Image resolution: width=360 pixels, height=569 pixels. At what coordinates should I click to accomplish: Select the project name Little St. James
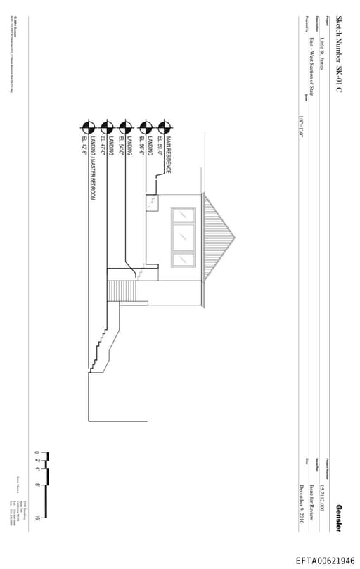tap(321, 53)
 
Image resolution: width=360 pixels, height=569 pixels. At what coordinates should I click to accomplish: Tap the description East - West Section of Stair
tap(311, 67)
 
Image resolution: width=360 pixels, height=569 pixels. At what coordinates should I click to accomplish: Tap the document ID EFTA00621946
tap(325, 561)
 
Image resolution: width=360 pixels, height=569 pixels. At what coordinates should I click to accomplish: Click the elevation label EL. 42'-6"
tap(84, 147)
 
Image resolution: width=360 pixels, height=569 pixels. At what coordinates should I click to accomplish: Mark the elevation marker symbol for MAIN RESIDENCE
tap(165, 127)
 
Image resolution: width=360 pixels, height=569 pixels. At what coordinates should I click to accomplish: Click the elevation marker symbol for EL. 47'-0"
tap(107, 127)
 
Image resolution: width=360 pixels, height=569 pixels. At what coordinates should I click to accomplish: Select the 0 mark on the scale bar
tap(38, 452)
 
